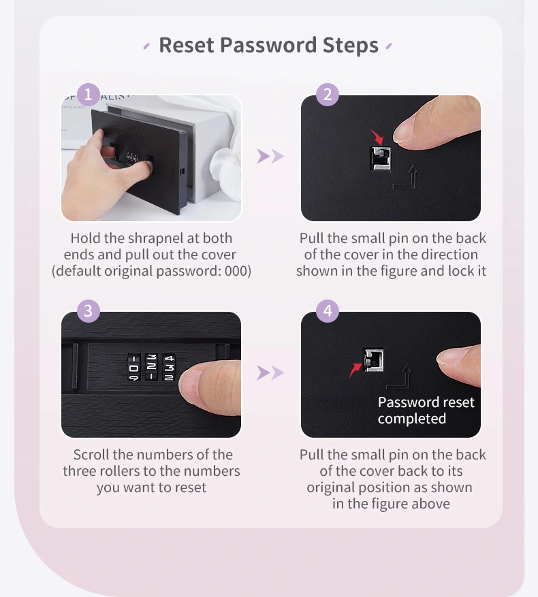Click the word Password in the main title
coord(268,45)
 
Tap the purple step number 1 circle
coord(88,95)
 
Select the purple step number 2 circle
coord(328,95)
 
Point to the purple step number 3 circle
coord(88,311)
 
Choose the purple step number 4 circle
coord(328,311)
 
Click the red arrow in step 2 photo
coord(377,138)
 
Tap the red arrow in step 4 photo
coord(355,370)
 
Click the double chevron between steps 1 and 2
coord(270,156)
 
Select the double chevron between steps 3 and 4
coord(270,372)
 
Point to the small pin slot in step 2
coord(381,159)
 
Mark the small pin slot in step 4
coord(373,360)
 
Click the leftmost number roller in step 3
coord(133,368)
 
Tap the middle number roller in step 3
coord(151,368)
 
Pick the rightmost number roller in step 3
coord(169,368)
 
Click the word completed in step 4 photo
coord(412,419)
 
